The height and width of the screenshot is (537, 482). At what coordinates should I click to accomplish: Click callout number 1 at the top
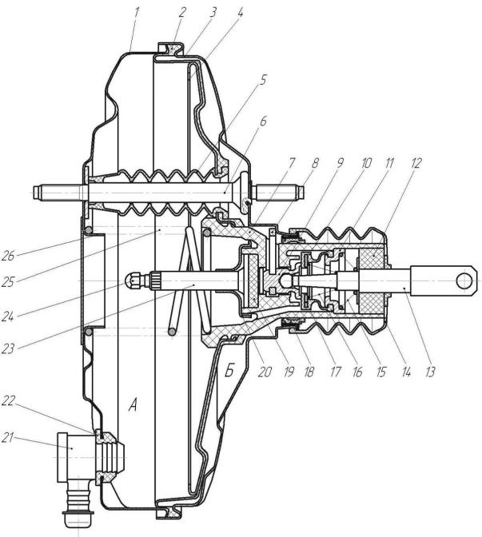137,12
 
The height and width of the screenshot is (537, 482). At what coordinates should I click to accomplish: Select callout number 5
262,80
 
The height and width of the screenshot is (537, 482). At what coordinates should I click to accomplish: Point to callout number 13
429,372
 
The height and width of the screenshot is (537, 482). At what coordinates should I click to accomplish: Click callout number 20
265,372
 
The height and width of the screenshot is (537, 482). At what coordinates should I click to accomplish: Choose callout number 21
8,437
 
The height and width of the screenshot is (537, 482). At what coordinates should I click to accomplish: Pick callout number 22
9,400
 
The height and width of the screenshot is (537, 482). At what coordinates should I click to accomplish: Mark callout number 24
8,316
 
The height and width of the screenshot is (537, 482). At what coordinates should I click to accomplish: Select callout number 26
8,256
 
